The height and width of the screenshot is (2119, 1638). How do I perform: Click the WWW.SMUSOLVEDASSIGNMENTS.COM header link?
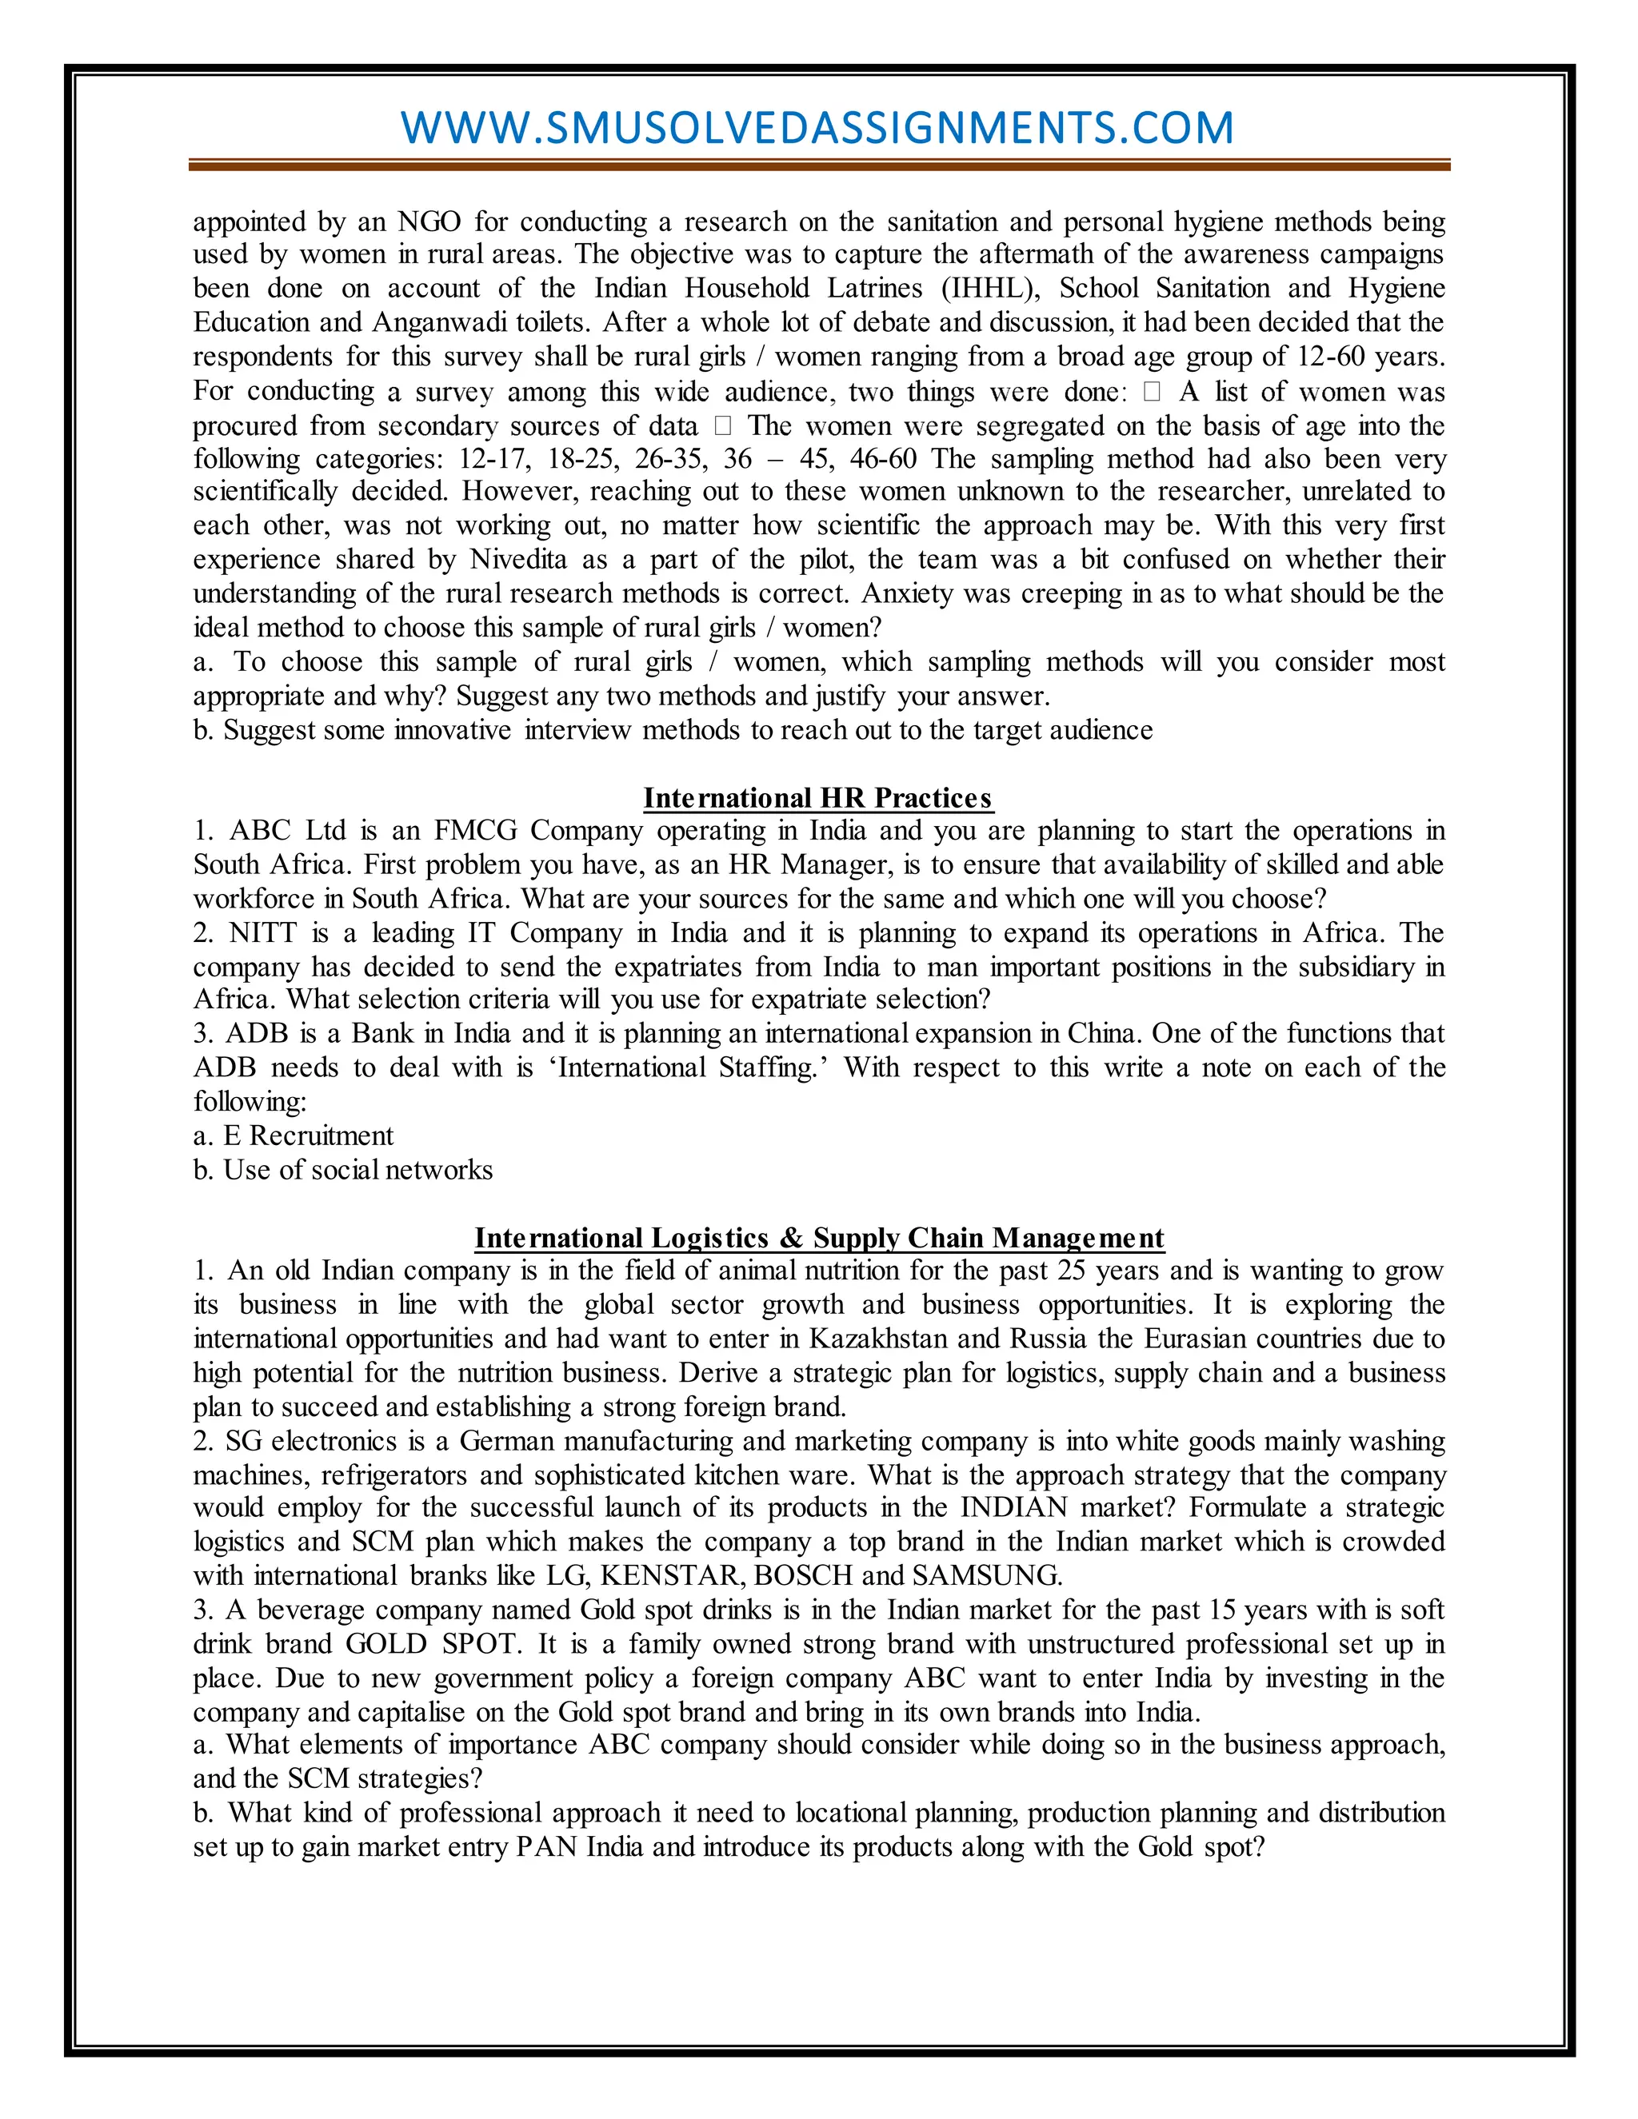click(817, 128)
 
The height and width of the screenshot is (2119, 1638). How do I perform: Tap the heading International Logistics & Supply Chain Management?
click(818, 1238)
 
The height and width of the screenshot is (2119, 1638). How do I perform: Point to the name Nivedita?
click(518, 560)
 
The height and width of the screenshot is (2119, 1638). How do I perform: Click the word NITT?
click(262, 933)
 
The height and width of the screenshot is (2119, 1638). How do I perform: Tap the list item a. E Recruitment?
click(293, 1136)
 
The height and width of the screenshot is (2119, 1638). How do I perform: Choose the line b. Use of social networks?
click(342, 1170)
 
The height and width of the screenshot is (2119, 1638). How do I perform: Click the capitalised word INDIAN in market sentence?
click(1014, 1508)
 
